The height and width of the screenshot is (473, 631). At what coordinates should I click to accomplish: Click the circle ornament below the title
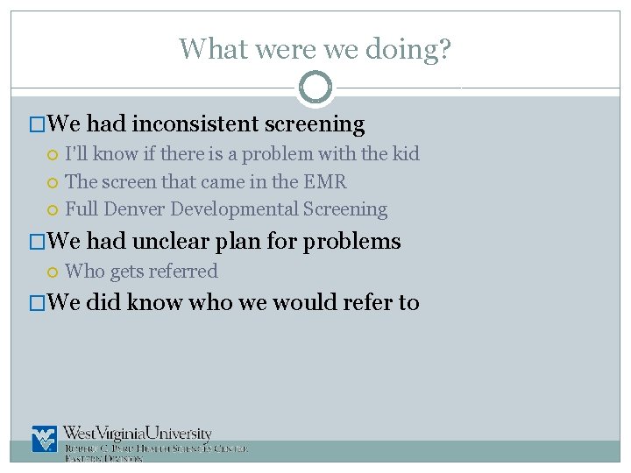(315, 87)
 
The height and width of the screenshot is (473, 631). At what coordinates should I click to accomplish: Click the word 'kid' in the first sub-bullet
(405, 154)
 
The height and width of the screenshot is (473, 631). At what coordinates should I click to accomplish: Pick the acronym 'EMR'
(325, 182)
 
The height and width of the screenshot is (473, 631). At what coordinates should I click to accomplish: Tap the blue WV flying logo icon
(44, 439)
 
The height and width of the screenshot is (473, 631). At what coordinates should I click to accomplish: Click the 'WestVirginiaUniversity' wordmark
(138, 434)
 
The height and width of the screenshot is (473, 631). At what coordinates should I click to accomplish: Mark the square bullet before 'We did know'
(36, 303)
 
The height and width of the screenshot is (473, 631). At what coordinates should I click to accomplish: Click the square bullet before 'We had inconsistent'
(36, 125)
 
